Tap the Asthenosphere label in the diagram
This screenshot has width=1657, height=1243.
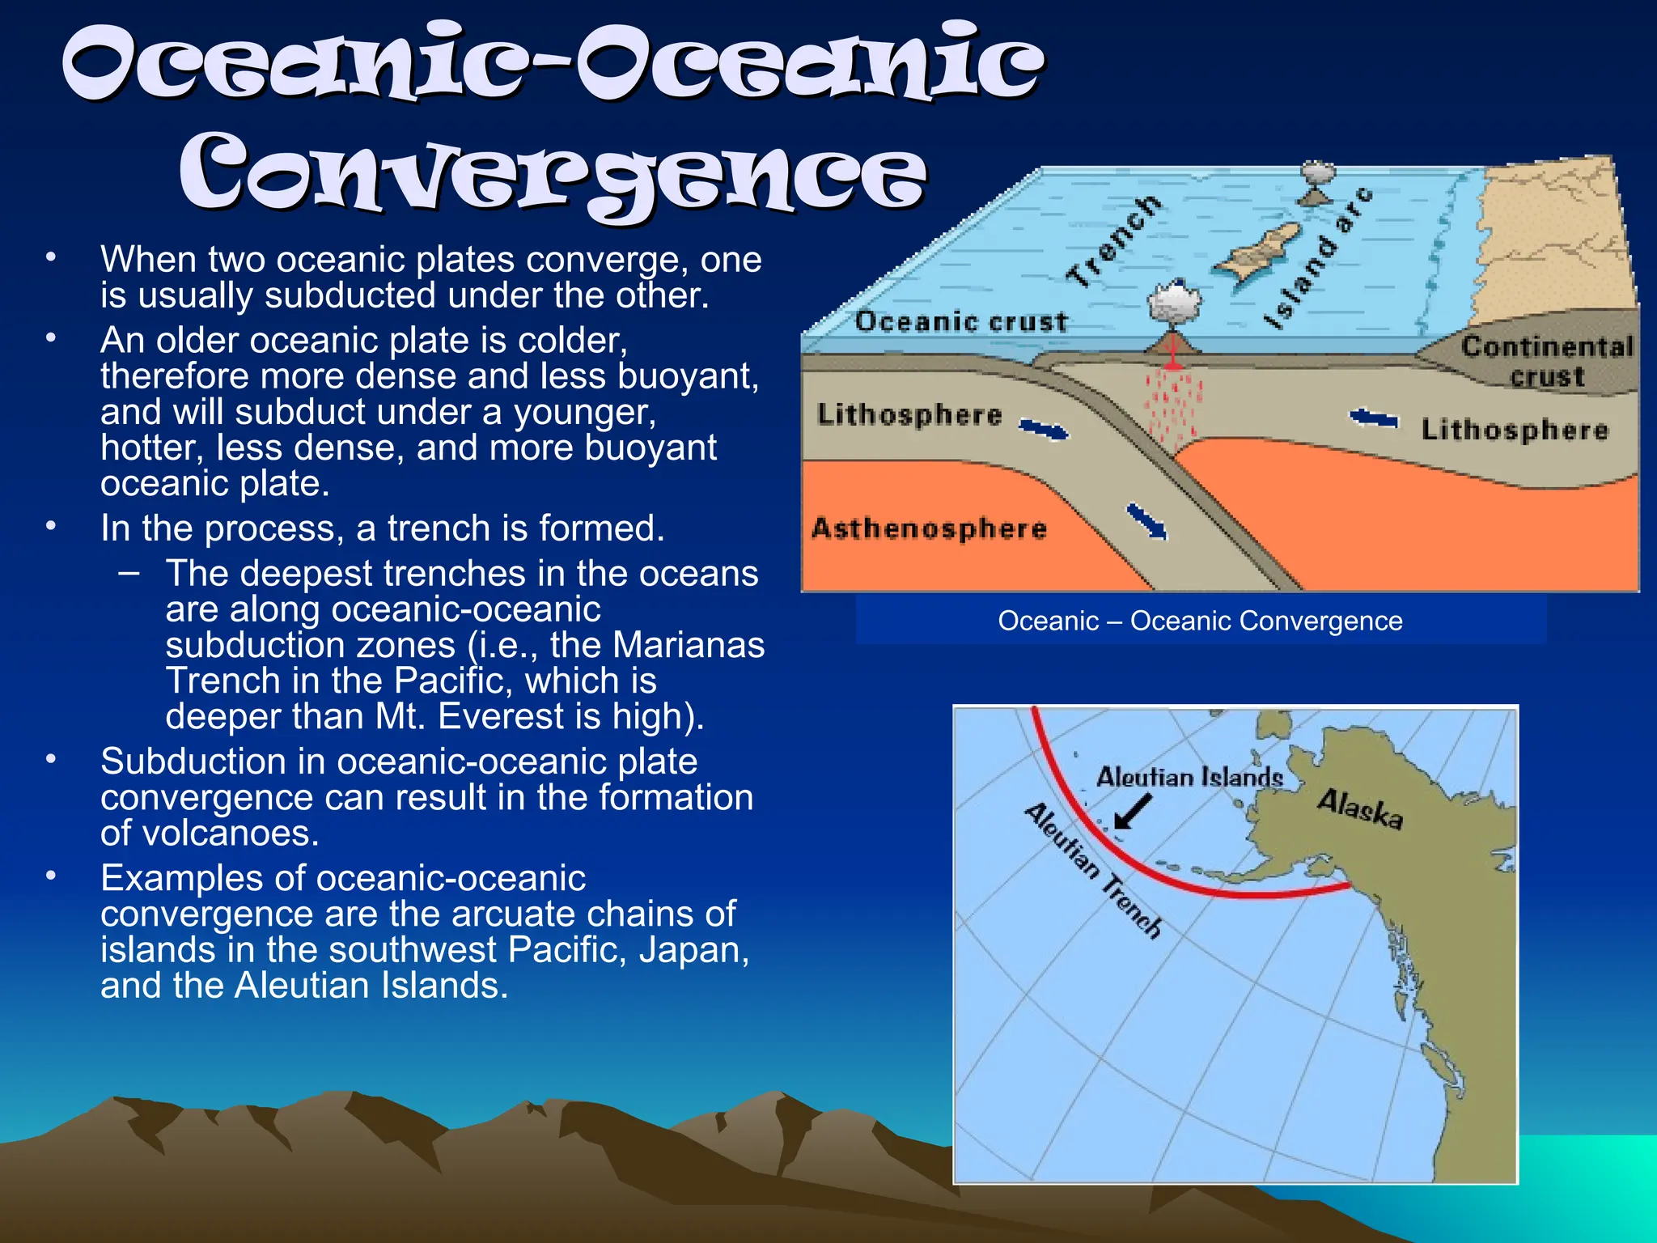[x=929, y=528]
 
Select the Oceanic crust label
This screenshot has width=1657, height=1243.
[x=961, y=321]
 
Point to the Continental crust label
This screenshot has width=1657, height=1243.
[x=1547, y=361]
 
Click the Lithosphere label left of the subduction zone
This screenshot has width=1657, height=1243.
[x=909, y=414]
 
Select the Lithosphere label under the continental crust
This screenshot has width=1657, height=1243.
[x=1515, y=429]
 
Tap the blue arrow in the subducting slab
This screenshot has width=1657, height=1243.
[x=1147, y=521]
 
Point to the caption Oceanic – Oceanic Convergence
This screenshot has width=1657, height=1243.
[x=1200, y=621]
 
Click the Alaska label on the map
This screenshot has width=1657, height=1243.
[x=1359, y=808]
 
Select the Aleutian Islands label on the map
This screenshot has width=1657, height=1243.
[x=1189, y=777]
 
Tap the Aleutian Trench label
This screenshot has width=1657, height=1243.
[x=1093, y=871]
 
